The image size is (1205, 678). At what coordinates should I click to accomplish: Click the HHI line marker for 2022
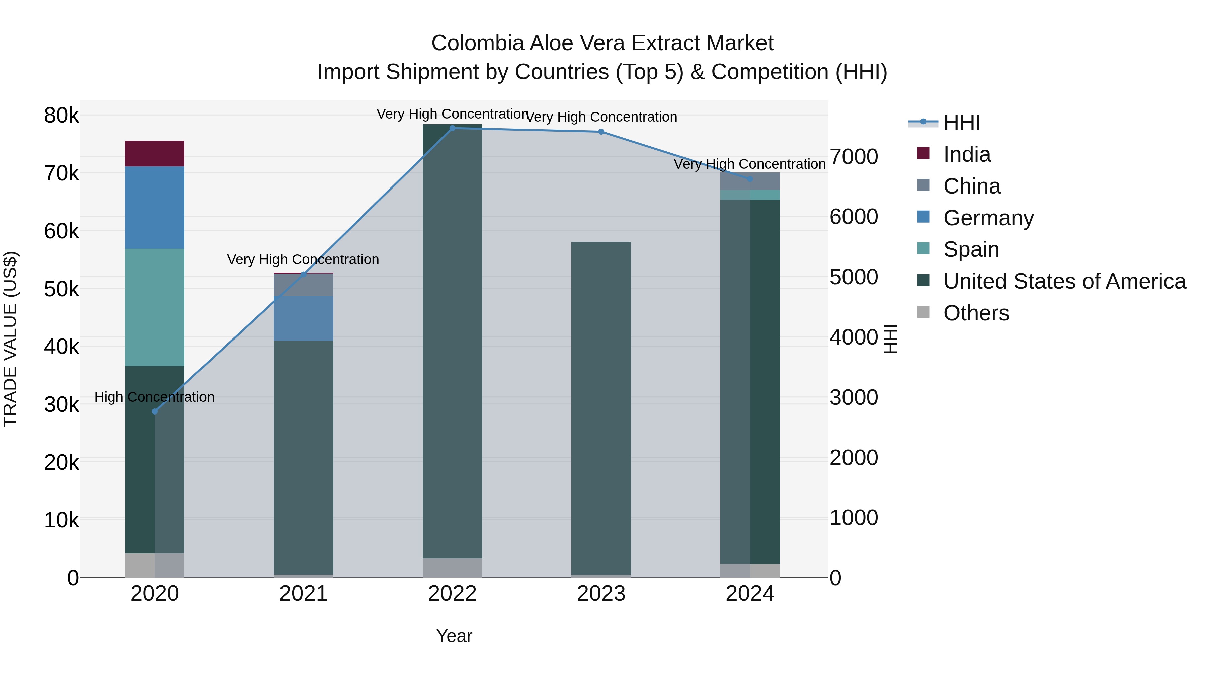[x=452, y=128]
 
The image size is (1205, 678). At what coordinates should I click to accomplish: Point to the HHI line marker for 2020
[x=155, y=411]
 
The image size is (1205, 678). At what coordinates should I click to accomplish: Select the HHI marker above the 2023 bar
[x=601, y=132]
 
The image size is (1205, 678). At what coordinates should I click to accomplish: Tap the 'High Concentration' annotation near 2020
[x=154, y=397]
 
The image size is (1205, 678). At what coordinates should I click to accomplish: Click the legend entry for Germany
[x=988, y=218]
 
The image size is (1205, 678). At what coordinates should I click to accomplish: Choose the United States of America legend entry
[x=1064, y=281]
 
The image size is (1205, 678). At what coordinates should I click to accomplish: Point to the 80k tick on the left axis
[x=61, y=116]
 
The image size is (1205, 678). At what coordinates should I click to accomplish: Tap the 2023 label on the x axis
[x=601, y=594]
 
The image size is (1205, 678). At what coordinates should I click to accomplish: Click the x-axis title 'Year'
[x=454, y=636]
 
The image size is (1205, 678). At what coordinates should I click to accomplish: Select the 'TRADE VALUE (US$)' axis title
[x=10, y=339]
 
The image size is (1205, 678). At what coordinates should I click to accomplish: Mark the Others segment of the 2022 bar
[x=452, y=568]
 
